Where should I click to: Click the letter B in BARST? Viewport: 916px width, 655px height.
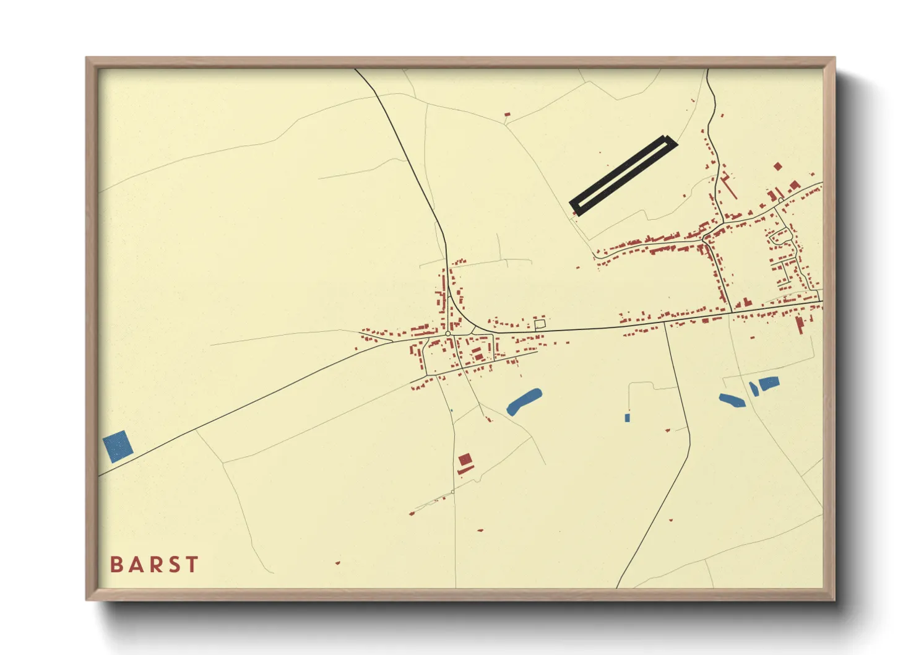[x=116, y=565]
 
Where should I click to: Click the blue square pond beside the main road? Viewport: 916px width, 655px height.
[x=118, y=446]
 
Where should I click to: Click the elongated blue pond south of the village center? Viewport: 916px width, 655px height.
[x=524, y=401]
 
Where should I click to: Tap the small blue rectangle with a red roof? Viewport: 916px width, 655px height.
[x=627, y=417]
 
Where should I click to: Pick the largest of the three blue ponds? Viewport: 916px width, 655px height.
[x=768, y=383]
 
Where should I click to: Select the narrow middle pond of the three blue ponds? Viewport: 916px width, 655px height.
[x=753, y=389]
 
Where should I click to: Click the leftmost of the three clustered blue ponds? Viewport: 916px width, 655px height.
[x=732, y=401]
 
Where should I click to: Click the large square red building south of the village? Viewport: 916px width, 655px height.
[x=465, y=459]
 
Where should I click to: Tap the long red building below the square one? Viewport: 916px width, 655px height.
[x=466, y=470]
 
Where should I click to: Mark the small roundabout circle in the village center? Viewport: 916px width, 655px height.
[x=447, y=334]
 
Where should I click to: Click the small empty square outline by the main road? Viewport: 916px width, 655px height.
[x=540, y=323]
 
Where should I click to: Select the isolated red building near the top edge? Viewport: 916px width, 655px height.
[x=508, y=115]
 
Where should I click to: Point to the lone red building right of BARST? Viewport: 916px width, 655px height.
[x=337, y=563]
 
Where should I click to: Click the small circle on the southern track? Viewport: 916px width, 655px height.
[x=453, y=492]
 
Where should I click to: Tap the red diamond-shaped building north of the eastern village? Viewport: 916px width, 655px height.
[x=778, y=166]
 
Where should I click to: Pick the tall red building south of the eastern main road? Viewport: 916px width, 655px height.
[x=800, y=324]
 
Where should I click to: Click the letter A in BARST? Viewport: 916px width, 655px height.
[x=135, y=565]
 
